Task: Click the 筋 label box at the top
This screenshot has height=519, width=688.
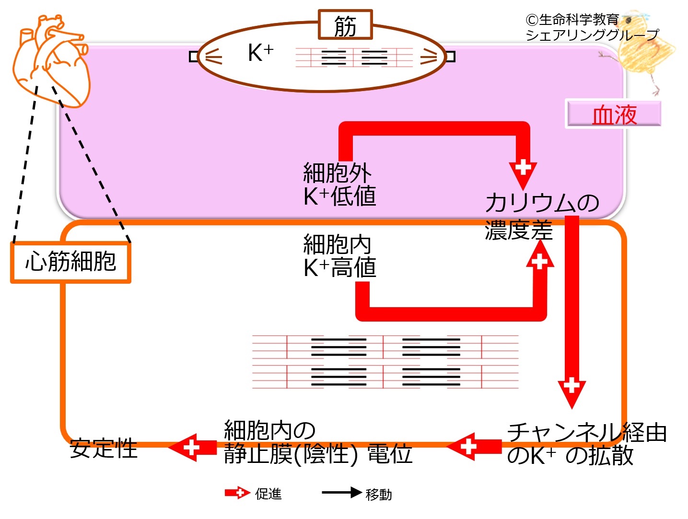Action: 345,25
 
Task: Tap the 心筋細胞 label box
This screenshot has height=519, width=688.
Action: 70,262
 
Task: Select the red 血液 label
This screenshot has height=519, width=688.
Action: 614,115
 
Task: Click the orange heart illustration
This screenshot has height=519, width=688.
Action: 50,60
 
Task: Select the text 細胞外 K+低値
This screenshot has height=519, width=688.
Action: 339,185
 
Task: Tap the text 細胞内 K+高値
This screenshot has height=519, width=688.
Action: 339,256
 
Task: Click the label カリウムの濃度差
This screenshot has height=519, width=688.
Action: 542,216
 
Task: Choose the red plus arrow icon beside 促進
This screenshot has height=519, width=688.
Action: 237,493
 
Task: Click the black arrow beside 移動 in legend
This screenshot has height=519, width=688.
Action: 341,493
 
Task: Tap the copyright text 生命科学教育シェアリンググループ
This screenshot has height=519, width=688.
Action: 592,27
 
